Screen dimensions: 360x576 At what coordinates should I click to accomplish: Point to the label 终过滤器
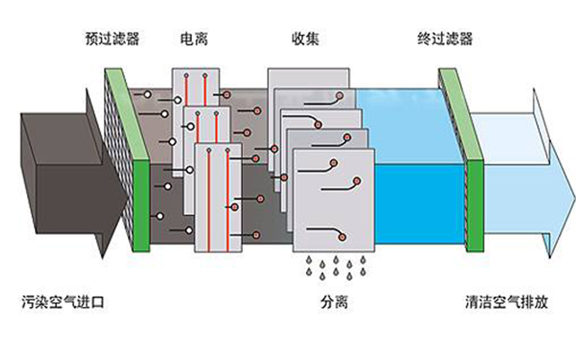point(445,40)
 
